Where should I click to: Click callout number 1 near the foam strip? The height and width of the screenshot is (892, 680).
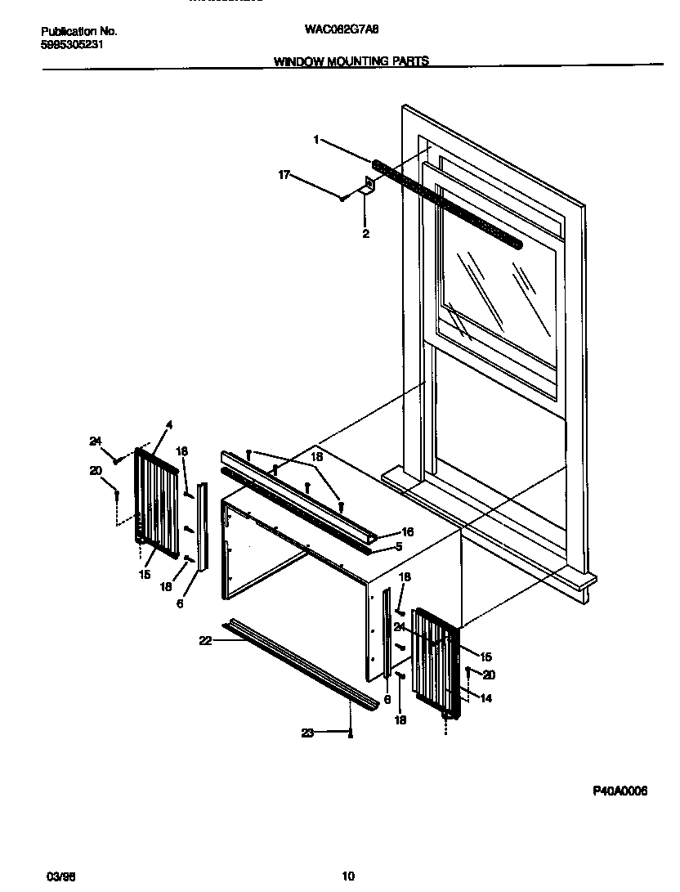point(315,140)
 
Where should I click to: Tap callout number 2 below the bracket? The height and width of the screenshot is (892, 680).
point(365,234)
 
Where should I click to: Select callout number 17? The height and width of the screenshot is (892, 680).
point(284,173)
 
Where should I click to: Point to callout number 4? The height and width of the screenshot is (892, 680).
point(169,424)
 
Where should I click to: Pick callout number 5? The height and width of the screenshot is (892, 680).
point(398,545)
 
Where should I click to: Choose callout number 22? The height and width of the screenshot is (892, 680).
point(205,641)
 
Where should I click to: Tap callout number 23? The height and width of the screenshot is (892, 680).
point(307,733)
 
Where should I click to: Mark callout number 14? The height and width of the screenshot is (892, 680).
point(485,698)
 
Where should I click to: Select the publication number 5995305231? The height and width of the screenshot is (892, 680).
point(72,46)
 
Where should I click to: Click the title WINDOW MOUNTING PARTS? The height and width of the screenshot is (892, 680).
point(351,61)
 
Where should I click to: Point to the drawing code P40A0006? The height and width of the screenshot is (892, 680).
point(620,791)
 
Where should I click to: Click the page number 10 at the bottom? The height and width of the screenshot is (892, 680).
point(348,876)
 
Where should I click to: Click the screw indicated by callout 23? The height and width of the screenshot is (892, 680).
point(351,733)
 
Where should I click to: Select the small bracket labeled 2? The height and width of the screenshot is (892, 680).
point(369,186)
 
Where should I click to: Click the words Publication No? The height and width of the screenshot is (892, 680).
point(79,31)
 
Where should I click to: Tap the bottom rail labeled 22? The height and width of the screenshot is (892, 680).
point(302,663)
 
